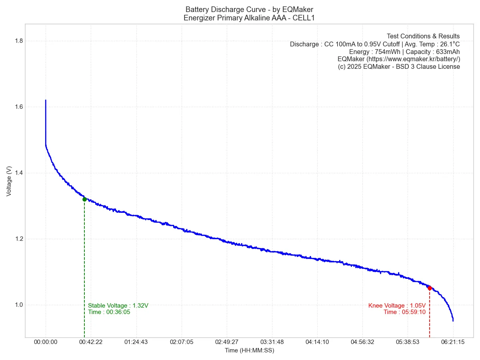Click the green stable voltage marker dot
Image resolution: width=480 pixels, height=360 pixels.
pyautogui.click(x=84, y=199)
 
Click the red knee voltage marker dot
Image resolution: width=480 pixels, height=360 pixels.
pyautogui.click(x=430, y=288)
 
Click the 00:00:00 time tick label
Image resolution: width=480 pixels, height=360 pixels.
pyautogui.click(x=46, y=342)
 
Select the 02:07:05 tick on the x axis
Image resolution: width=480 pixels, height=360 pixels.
pyautogui.click(x=181, y=342)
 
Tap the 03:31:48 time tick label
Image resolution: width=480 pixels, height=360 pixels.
pyautogui.click(x=272, y=342)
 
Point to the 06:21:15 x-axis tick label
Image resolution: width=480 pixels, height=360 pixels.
pyautogui.click(x=453, y=342)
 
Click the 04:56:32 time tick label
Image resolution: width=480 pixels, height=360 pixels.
pyautogui.click(x=362, y=342)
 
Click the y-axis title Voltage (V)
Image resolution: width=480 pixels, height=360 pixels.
pyautogui.click(x=9, y=181)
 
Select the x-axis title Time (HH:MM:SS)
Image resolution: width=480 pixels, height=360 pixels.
pyautogui.click(x=249, y=350)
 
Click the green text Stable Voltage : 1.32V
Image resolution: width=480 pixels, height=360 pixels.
pyautogui.click(x=118, y=306)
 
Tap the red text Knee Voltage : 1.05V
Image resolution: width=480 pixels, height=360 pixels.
pyautogui.click(x=397, y=306)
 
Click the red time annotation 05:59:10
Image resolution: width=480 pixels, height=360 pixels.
pyautogui.click(x=415, y=312)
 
